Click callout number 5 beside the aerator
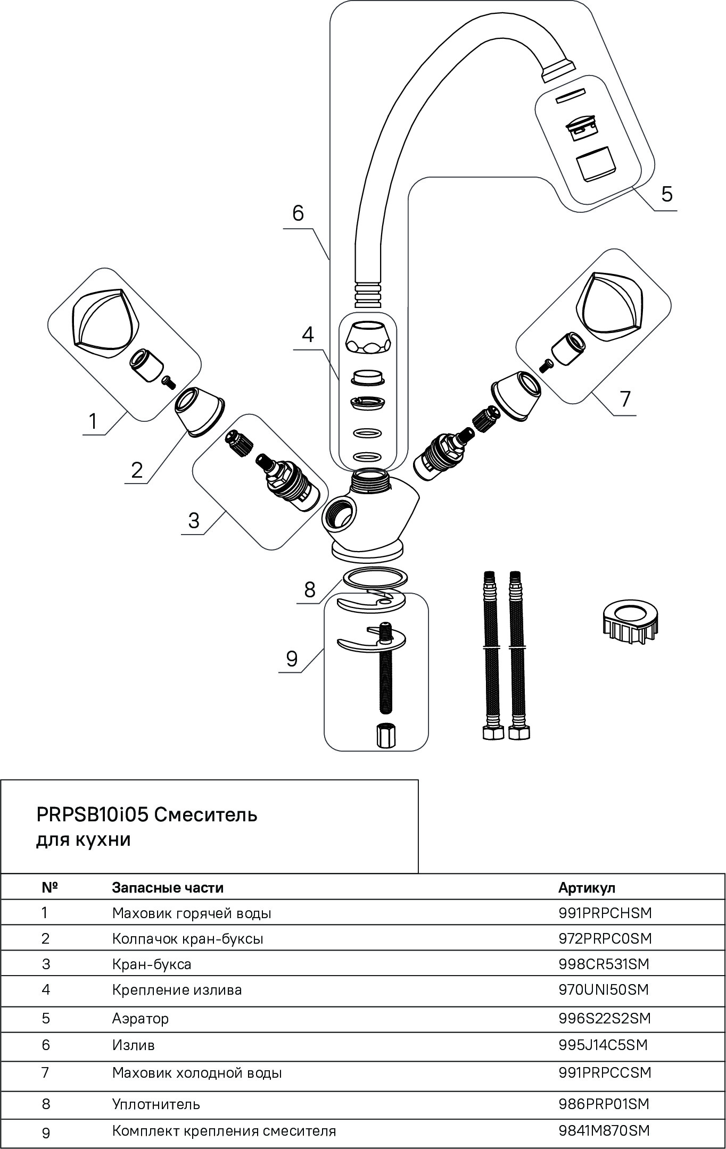point(666,194)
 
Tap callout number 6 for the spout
point(298,213)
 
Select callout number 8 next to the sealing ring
point(310,589)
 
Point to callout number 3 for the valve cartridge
point(193,520)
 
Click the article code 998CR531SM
point(604,963)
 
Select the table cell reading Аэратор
point(140,1018)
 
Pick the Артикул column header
point(587,887)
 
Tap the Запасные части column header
point(168,887)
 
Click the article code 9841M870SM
point(604,1130)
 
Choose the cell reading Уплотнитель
point(156,1104)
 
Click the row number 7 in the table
point(45,1072)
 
